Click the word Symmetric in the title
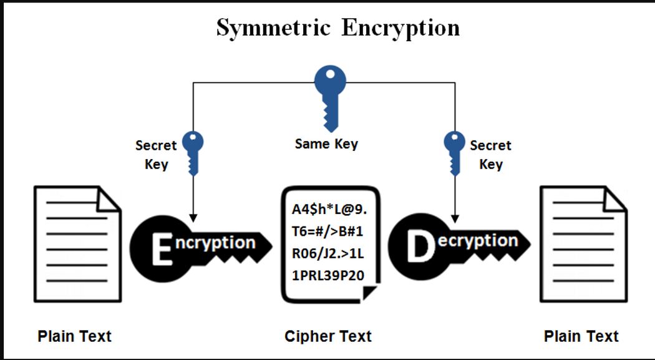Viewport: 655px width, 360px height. (x=273, y=29)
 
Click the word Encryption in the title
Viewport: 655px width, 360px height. (x=400, y=29)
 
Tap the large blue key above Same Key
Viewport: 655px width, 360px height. (x=330, y=99)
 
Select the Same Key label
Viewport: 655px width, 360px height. (x=326, y=144)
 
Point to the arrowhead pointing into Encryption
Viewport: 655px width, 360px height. (x=193, y=218)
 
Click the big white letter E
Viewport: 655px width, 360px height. (x=162, y=249)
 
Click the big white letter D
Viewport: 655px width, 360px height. (x=421, y=247)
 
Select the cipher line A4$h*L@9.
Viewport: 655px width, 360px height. (x=329, y=209)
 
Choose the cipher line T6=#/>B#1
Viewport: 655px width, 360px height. (x=327, y=231)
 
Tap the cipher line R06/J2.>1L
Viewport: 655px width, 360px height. (x=327, y=253)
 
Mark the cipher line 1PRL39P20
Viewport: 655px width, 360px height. (x=328, y=276)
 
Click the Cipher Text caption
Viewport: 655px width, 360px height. (x=328, y=336)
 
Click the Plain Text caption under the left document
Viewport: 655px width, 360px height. (x=74, y=336)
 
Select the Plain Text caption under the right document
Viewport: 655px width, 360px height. (x=581, y=336)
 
